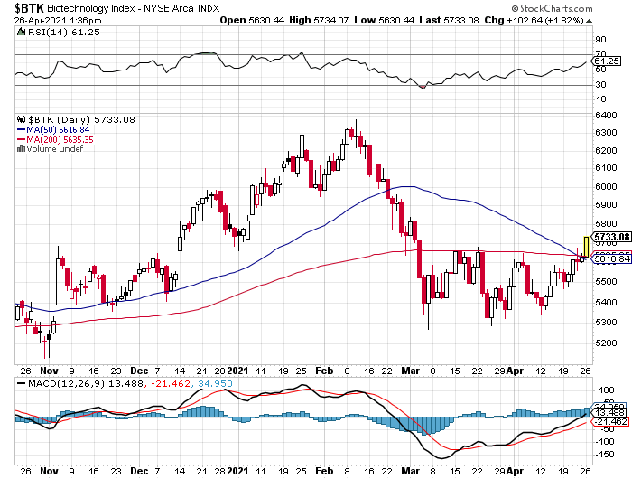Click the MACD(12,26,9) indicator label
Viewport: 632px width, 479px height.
click(x=56, y=384)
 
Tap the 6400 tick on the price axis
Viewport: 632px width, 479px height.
click(x=606, y=116)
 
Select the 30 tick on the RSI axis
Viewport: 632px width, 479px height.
click(x=599, y=85)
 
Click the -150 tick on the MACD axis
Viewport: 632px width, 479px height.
click(x=603, y=455)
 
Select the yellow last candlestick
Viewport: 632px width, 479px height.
click(x=587, y=245)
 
